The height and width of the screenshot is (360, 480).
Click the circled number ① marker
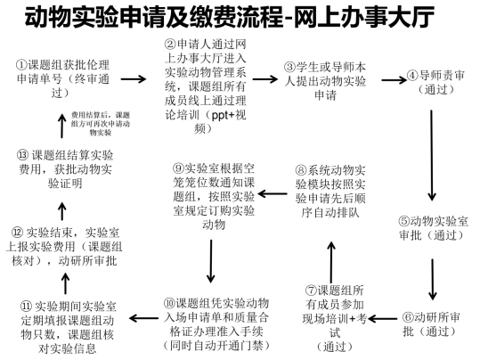[x=22, y=65]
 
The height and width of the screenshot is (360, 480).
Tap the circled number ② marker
[x=170, y=45]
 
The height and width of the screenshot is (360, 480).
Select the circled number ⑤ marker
[x=404, y=221]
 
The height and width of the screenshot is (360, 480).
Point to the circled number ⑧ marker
[x=301, y=170]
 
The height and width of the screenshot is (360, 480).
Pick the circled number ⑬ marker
[x=23, y=155]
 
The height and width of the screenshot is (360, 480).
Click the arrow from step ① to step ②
[x=134, y=79]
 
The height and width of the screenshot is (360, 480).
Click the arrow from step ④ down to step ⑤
[x=432, y=155]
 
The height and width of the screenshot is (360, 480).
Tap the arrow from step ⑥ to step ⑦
[x=383, y=319]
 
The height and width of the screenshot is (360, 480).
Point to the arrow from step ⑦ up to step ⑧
[x=331, y=262]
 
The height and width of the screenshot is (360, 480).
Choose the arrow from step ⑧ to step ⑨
[x=273, y=193]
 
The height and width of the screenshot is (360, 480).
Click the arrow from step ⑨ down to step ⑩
[x=211, y=261]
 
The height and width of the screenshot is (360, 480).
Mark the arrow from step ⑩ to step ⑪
[x=143, y=318]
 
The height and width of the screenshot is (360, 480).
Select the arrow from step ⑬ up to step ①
[x=62, y=126]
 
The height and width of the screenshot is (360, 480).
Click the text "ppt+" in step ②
[x=223, y=116]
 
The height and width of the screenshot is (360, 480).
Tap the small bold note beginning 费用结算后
[x=101, y=124]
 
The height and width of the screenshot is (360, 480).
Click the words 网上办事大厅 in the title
[x=364, y=17]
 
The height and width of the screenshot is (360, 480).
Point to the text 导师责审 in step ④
[x=442, y=76]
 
